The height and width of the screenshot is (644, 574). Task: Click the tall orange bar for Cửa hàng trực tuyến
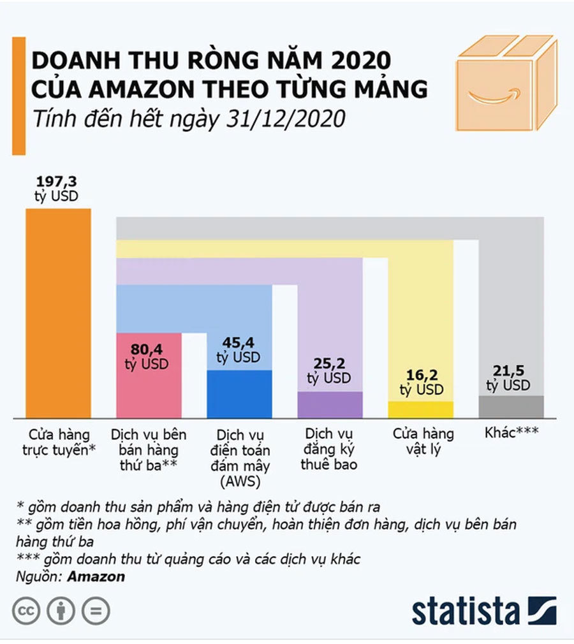[58, 312]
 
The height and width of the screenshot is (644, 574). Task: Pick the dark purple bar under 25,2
[330, 405]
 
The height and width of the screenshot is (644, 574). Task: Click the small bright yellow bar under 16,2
[420, 409]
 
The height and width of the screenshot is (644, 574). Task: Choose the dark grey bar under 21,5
[511, 407]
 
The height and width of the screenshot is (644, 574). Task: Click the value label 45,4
[239, 343]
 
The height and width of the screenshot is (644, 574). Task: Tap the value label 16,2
[421, 376]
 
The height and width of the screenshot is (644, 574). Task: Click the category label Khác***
[511, 432]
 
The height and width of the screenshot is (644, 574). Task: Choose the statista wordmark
[466, 611]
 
